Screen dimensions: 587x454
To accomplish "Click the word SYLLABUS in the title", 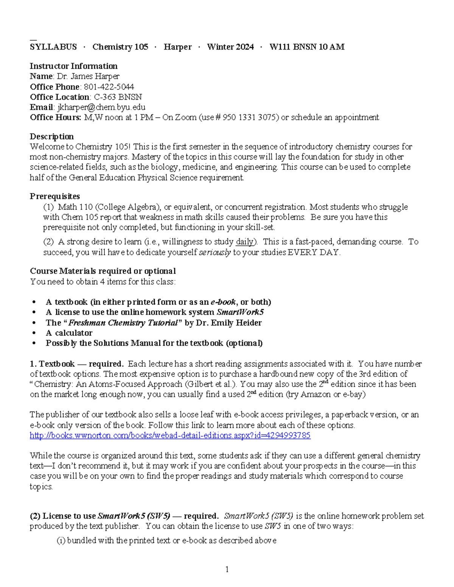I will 53,47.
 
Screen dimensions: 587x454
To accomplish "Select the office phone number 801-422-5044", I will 109,87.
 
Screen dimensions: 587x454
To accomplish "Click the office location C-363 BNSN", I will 118,97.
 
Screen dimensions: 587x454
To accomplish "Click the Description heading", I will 52,136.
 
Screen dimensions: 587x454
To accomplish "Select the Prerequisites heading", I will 55,196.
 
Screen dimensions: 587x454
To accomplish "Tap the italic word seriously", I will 215,252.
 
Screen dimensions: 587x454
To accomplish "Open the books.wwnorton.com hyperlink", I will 170,435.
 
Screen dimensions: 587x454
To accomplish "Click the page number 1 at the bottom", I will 227,570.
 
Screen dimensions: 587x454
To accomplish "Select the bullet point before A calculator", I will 34,333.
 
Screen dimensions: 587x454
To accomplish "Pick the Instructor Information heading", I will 73,66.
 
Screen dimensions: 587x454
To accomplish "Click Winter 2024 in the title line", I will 230,47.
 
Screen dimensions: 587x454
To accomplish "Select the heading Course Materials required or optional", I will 103,271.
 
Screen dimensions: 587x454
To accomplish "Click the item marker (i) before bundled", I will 61,541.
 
